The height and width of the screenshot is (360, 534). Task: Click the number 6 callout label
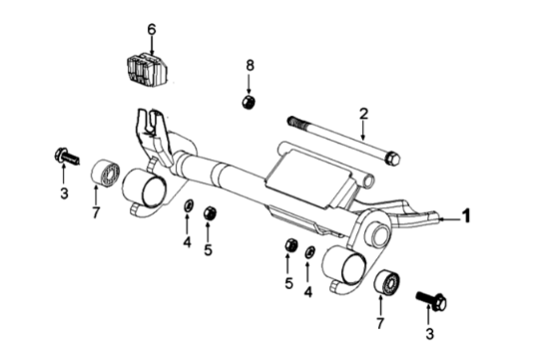[x=152, y=30]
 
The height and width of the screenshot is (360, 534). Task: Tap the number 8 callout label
[x=251, y=66]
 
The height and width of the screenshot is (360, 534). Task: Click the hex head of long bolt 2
[x=392, y=159]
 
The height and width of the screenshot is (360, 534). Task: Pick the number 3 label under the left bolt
[x=63, y=193]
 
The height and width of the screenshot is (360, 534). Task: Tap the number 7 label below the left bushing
[x=96, y=212]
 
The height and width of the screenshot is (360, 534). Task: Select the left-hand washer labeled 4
[x=188, y=206]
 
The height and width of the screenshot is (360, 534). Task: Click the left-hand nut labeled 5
[x=210, y=213]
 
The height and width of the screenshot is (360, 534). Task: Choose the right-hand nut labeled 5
[x=290, y=245]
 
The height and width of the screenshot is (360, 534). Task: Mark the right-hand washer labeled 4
[x=310, y=252]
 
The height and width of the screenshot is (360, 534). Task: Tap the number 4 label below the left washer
[x=187, y=241]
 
